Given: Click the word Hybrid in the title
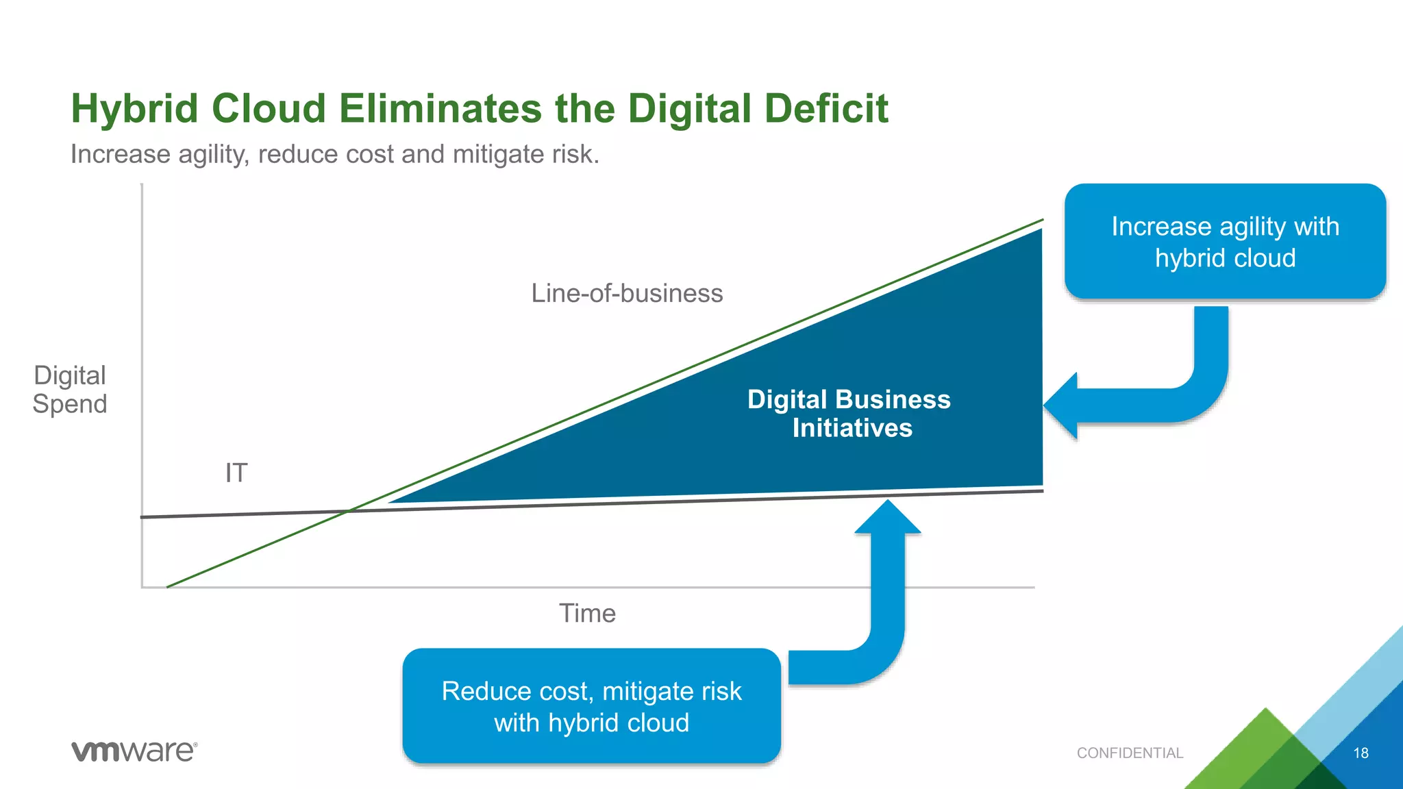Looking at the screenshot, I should click(134, 109).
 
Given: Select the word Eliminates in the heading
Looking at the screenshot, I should click(440, 109).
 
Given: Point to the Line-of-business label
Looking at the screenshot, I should click(627, 293).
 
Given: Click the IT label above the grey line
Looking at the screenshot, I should click(236, 473).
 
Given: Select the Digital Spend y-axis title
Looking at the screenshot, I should click(70, 390).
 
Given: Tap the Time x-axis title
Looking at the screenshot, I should click(587, 613).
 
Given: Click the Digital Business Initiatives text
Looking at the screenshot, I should click(849, 414).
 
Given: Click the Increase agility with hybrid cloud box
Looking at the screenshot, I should click(1225, 241).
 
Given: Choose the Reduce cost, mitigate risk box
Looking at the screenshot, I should click(591, 706).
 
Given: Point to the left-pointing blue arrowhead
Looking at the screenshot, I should click(1062, 405).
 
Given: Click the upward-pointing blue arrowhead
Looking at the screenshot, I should click(888, 517).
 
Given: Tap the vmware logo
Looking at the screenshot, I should click(134, 751).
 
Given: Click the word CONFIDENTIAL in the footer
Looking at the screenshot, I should click(1130, 753).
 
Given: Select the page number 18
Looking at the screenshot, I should click(1361, 753).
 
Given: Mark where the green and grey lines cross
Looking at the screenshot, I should click(349, 510).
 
